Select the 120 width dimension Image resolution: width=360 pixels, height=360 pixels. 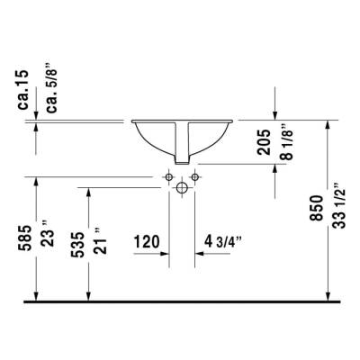pyautogui.click(x=147, y=242)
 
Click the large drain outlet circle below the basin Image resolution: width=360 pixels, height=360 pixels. pyautogui.click(x=182, y=189)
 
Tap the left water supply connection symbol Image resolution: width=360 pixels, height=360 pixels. pyautogui.click(x=169, y=178)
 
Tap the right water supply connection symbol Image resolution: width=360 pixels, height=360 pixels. pyautogui.click(x=194, y=178)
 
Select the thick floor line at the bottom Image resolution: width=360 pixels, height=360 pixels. pyautogui.click(x=180, y=301)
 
